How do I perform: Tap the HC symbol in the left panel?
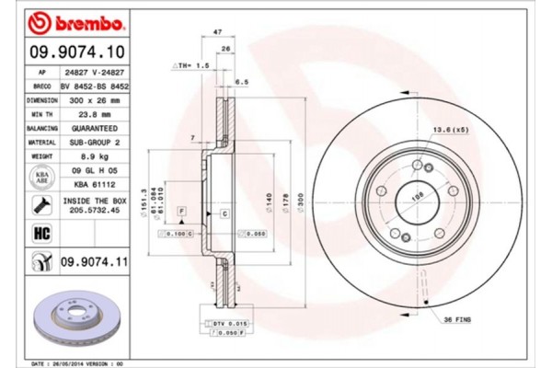coord(40,233)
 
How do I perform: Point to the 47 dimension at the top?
coord(217,32)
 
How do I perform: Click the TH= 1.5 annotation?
coord(190,67)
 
